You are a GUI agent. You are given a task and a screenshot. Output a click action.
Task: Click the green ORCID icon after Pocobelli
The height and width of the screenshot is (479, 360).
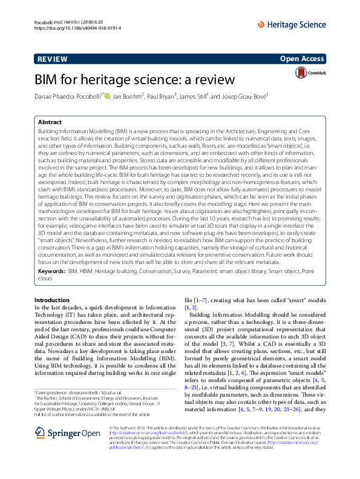coord(108,96)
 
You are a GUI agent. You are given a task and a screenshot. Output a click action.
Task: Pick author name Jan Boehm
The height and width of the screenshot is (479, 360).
coord(129,96)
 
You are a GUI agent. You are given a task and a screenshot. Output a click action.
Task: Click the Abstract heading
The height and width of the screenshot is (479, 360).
coord(49,122)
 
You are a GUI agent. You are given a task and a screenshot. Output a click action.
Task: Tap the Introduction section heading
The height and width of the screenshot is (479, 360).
coord(52,300)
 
